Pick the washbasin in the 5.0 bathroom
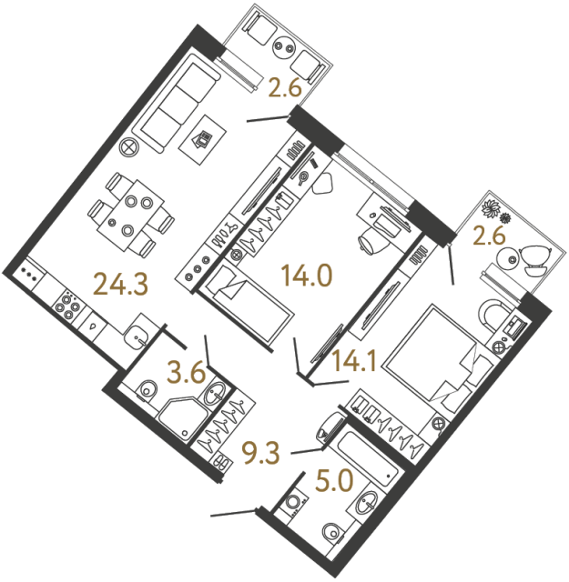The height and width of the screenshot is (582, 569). (369, 501)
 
